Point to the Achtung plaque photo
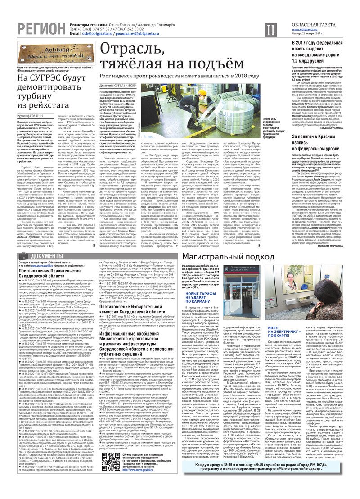coord(56,53)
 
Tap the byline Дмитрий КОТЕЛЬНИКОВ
coord(118,85)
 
